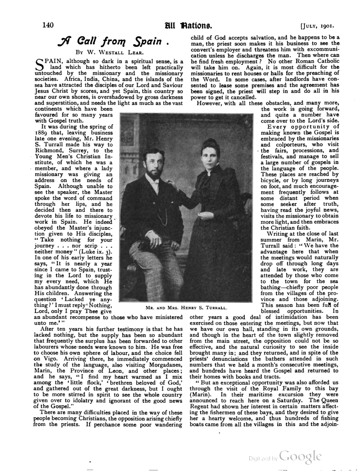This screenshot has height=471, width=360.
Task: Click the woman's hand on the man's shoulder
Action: tap(171, 185)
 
